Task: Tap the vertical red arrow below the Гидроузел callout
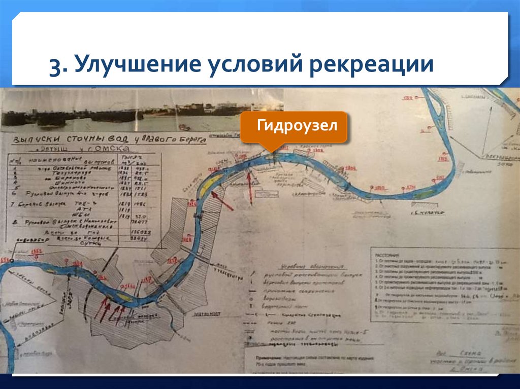[x=249, y=185]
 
